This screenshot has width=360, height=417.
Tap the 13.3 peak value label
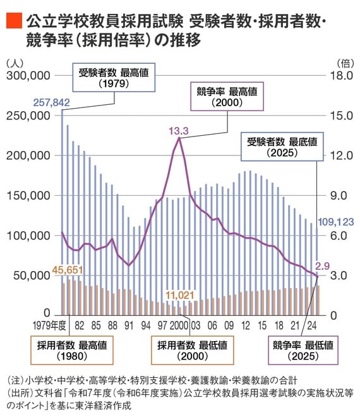178,131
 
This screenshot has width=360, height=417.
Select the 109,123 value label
335,222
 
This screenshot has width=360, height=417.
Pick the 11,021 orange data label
181,294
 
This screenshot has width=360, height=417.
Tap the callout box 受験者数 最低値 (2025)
282,146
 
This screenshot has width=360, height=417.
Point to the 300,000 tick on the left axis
28,75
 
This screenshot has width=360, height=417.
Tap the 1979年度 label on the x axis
50,326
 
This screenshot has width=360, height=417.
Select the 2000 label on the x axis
179,326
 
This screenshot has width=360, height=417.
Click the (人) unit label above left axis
14,63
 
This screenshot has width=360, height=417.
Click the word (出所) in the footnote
19,393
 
